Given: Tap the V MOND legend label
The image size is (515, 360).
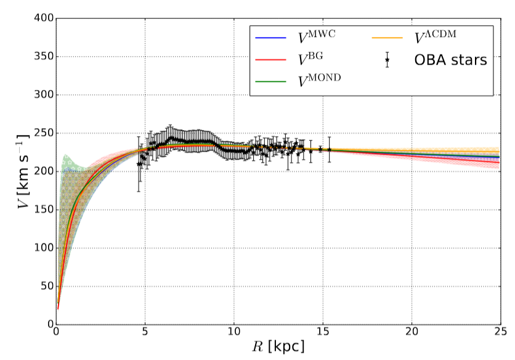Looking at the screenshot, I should point(322,81).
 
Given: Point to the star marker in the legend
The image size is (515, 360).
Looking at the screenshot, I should point(387,60).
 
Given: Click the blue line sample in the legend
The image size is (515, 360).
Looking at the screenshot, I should point(270,38).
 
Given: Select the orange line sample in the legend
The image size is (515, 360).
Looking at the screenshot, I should point(387,38).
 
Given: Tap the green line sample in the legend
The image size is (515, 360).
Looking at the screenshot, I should point(270,81).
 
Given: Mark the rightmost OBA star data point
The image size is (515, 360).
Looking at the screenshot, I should point(330,149).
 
